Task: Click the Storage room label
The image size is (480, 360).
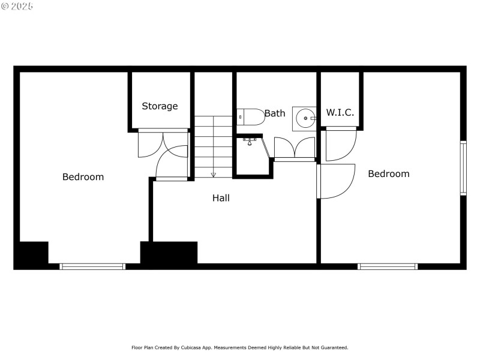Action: point(160,106)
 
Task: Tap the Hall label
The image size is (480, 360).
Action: point(221,197)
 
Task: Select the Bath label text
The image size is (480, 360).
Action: point(275,113)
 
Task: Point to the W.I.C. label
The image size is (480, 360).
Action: point(340,112)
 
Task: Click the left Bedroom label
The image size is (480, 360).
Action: point(83,177)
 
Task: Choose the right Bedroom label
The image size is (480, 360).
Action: point(388,174)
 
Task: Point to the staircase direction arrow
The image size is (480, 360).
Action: point(213,174)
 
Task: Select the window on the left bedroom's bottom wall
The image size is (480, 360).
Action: point(92,266)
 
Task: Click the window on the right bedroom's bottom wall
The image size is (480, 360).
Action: point(388,266)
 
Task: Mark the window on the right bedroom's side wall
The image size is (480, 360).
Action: point(463,168)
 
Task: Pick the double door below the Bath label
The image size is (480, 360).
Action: point(295,148)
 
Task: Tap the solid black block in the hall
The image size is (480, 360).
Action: point(169,253)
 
